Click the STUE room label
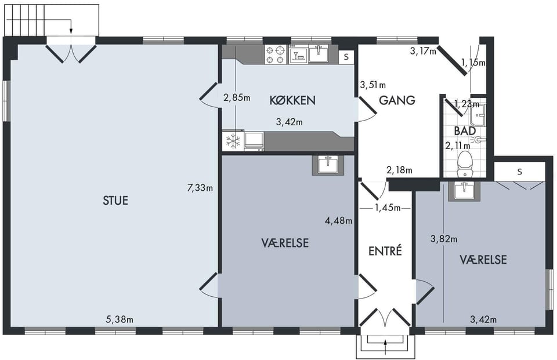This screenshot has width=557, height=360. point(115,201)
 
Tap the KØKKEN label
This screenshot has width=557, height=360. point(292,100)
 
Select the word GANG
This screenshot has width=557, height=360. point(397,100)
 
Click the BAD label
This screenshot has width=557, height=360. point(465,130)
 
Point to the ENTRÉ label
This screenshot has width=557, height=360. point(385,251)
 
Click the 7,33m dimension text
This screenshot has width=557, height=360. point(200,188)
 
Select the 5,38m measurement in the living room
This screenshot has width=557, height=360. point(120,319)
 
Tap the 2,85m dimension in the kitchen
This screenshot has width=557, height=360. point(237,97)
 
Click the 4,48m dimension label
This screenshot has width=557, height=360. point(338,221)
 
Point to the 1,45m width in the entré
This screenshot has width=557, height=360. point(388,208)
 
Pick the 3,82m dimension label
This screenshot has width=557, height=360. point(444,239)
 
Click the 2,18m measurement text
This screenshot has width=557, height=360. point(399,170)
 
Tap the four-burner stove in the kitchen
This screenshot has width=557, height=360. point(276,54)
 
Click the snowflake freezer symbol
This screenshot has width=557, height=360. point(233,141)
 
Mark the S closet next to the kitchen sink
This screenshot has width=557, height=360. point(346,57)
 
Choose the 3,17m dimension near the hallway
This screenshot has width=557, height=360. point(423,52)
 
